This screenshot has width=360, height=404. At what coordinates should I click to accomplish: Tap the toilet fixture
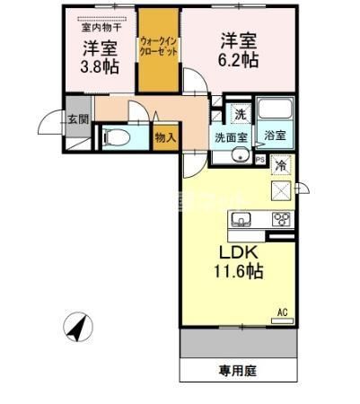113,137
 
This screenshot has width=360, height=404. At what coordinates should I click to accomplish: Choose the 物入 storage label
164,136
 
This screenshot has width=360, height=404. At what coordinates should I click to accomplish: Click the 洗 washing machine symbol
240,114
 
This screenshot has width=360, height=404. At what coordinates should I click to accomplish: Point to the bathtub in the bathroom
275,113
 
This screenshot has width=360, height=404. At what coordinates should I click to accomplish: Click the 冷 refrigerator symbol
281,165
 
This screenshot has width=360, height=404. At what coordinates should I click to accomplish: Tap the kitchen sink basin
240,219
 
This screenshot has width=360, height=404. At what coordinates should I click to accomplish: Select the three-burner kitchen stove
281,218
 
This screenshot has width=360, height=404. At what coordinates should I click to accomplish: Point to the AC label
282,312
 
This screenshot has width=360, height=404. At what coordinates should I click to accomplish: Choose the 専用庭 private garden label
236,368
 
